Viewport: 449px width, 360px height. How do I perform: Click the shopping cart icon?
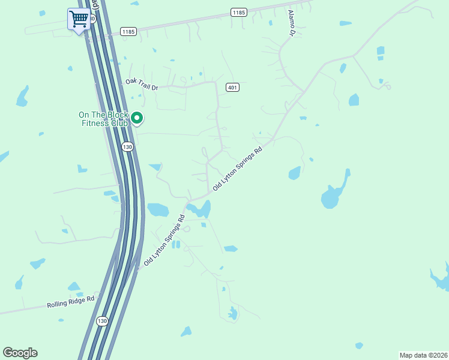(x=79, y=19)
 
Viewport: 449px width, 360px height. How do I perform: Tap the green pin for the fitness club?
(x=137, y=118)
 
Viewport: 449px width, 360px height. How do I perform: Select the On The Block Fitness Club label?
(x=104, y=119)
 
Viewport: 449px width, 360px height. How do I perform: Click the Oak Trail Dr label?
(x=142, y=85)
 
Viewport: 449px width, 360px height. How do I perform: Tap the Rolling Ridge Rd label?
(x=71, y=302)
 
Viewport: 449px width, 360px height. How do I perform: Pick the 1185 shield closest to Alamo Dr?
(x=238, y=13)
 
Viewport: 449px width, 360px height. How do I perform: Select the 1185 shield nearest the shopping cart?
(x=128, y=31)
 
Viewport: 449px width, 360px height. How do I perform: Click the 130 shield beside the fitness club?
(x=127, y=146)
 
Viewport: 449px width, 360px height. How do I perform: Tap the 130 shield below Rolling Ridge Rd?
(x=102, y=321)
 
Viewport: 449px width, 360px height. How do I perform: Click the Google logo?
(x=20, y=353)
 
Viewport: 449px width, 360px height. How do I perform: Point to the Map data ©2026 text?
(x=423, y=355)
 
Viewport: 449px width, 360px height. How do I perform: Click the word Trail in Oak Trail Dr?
(x=142, y=85)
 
